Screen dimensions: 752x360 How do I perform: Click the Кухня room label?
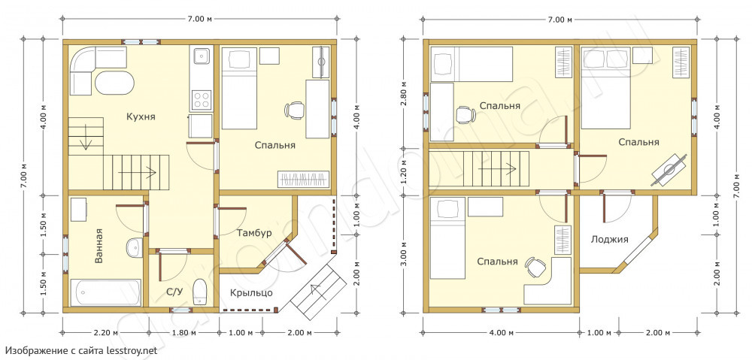coord(141,116)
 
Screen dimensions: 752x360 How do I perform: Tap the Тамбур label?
coord(254,233)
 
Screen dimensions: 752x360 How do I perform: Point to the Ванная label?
coord(99,246)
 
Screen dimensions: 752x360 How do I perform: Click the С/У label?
coord(173,291)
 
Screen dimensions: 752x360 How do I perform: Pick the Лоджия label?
coord(610,239)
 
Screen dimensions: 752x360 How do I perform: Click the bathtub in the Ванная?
coord(106,293)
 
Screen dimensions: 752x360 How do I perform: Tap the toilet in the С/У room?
coord(199,292)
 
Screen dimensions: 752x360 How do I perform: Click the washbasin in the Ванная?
coord(134,248)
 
